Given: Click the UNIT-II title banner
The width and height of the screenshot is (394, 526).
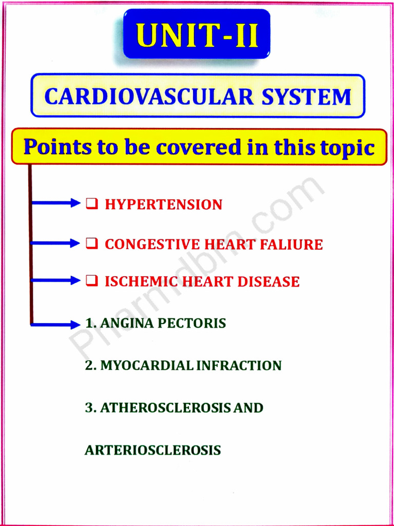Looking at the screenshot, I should click(197, 34).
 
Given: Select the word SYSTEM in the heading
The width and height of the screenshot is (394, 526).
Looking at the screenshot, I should click(306, 97).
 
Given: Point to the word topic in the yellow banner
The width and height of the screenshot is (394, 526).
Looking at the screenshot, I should click(347, 148).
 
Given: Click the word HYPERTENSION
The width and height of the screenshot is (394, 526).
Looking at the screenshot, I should click(163, 204).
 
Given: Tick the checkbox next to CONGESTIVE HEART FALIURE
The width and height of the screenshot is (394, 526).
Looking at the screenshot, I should click(91, 243).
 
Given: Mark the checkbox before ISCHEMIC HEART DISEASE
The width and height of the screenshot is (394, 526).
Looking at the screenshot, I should click(91, 280).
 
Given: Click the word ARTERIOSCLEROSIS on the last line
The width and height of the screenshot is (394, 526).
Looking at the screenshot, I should click(152, 450).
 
